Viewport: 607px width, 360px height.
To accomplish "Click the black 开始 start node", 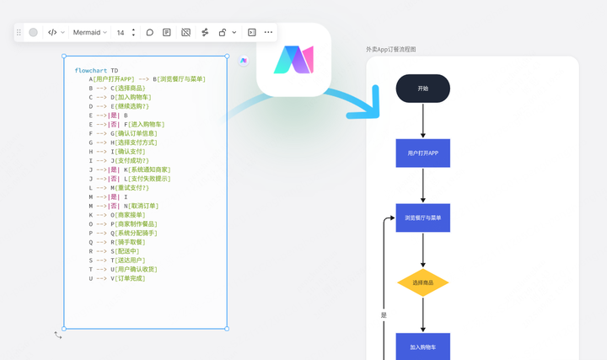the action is click(422, 89).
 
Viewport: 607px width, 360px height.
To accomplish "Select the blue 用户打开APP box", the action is click(422, 153).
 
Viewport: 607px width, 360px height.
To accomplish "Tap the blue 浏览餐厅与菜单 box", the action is click(422, 218).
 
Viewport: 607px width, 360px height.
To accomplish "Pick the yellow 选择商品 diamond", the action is click(422, 282).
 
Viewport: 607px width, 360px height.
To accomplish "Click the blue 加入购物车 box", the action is click(422, 347).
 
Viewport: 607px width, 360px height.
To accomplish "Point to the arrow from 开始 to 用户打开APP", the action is click(422, 121).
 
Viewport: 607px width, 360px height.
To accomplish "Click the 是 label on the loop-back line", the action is click(384, 315).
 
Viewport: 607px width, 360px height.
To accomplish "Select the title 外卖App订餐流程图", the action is click(391, 50).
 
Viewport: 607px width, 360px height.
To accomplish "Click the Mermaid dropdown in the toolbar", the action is click(90, 33).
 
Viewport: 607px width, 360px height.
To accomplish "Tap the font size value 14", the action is click(121, 33).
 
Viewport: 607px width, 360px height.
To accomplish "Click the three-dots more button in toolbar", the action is click(268, 32).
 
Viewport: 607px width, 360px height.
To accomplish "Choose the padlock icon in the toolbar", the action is click(223, 33).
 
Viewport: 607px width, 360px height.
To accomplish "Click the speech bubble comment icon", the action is click(150, 33).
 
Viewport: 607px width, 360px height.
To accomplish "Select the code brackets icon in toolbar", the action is click(52, 33).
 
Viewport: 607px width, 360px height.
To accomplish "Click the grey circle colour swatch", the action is click(33, 33).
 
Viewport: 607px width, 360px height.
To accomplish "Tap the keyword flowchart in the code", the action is click(90, 71).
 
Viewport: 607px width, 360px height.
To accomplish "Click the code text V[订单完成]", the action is click(128, 278).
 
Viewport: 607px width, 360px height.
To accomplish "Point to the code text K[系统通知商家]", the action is click(147, 169).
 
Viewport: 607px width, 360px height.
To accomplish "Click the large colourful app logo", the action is click(293, 60).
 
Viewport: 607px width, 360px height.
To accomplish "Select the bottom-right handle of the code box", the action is click(227, 329).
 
